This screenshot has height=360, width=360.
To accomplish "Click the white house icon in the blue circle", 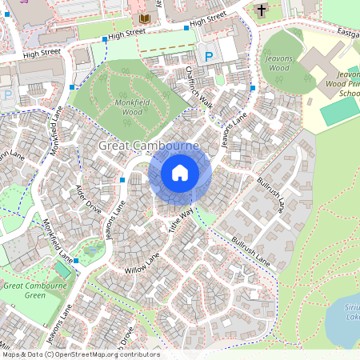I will pyautogui.click(x=180, y=173).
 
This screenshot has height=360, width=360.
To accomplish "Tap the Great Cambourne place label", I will pyautogui.click(x=149, y=147).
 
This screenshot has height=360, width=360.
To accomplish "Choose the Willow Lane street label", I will pyautogui.click(x=142, y=263).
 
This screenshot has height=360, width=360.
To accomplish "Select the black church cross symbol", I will pyautogui.click(x=261, y=10).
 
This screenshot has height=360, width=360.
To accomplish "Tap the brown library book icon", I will pyautogui.click(x=144, y=18).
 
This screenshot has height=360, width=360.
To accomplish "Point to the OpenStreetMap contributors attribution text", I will pyautogui.click(x=80, y=354).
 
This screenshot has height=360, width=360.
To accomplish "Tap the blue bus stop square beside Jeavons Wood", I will pyautogui.click(x=253, y=88).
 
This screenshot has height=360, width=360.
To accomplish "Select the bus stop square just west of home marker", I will pyautogui.click(x=122, y=180).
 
